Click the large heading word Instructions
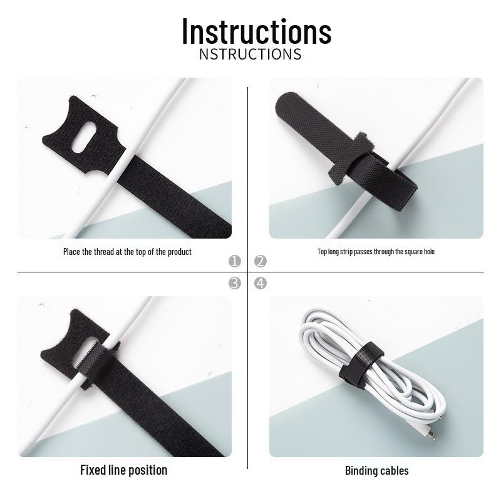(x=256, y=31)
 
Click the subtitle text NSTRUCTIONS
(x=250, y=54)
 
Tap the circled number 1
(x=235, y=261)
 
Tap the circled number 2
(x=261, y=261)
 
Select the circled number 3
(x=235, y=283)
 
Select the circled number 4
(x=261, y=283)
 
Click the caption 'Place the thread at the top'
(x=127, y=252)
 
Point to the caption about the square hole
(x=376, y=252)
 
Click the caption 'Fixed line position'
(x=123, y=470)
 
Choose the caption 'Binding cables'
(x=376, y=470)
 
